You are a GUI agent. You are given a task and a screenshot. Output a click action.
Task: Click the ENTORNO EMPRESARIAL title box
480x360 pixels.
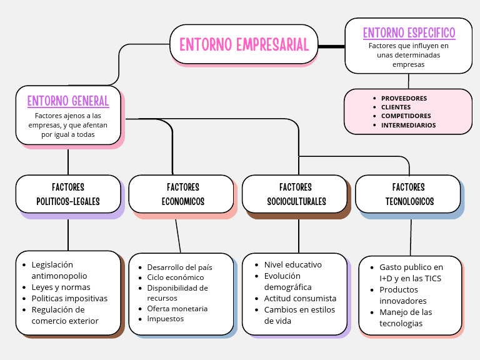[244, 44]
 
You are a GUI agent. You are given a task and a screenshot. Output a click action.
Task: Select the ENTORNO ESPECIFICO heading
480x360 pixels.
[409, 32]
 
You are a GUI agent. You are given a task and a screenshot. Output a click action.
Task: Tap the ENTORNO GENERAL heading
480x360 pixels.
[68, 101]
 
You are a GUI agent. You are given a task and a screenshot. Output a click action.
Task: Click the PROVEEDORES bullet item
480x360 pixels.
[404, 98]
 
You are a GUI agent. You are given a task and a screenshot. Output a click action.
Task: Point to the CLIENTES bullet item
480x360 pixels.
[396, 107]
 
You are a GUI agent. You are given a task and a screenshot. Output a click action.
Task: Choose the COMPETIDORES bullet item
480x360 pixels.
[406, 116]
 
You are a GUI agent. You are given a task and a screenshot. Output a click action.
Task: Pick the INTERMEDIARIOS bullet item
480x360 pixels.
[408, 125]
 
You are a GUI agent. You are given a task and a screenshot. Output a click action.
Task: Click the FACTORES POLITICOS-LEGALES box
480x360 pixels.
[68, 194]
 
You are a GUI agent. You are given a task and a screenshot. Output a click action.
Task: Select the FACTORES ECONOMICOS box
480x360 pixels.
[182, 194]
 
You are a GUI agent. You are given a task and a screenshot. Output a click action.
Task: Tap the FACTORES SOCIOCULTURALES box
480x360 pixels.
[295, 194]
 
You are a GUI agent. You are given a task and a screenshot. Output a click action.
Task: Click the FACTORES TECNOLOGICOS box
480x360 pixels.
[408, 194]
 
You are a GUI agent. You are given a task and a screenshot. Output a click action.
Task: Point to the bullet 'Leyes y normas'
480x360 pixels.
[61, 287]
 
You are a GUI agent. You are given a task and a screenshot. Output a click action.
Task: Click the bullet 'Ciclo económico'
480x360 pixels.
[175, 277]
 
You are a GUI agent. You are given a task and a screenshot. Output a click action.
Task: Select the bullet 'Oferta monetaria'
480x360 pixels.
[177, 308]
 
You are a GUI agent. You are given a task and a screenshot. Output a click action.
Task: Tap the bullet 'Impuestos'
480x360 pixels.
[165, 318]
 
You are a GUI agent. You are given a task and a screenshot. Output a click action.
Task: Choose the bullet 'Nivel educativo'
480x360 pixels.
[292, 264]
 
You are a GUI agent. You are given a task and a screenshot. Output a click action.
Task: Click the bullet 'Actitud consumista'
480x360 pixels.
[300, 298]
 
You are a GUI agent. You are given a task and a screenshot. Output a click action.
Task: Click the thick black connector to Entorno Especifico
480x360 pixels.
[331, 46]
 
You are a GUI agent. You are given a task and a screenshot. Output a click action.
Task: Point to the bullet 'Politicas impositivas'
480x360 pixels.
[69, 298]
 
